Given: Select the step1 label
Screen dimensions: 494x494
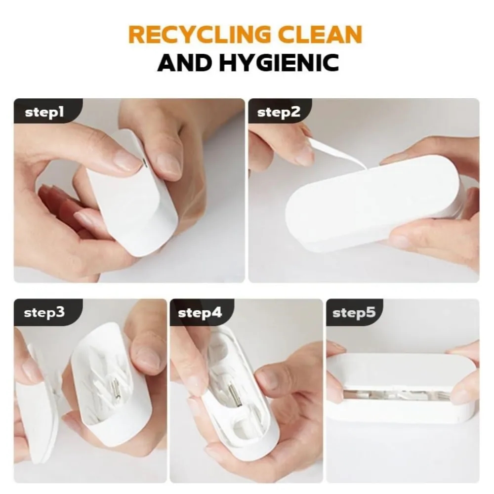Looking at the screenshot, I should (44, 112).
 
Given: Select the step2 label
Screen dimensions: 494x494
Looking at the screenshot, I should (279, 112).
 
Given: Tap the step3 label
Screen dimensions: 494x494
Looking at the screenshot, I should (44, 313).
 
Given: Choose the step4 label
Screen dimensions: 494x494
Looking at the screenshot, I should (199, 313).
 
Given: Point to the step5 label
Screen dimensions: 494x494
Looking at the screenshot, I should (353, 313).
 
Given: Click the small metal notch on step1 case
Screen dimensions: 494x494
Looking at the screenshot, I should (143, 162).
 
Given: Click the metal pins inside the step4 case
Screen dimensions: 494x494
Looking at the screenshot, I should (236, 390).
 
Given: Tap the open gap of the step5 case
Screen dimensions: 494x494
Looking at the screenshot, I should (400, 394).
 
